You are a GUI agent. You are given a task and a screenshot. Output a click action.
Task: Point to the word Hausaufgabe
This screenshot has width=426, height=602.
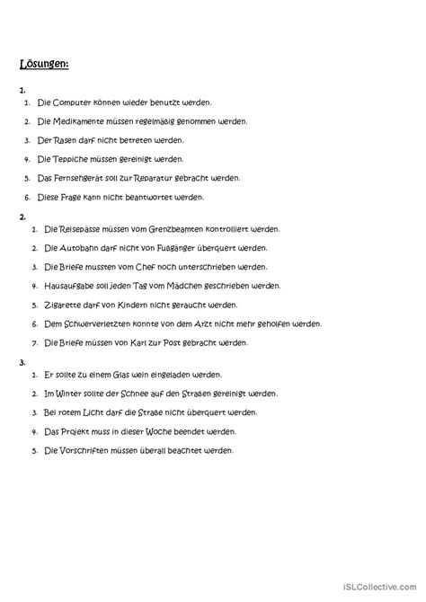click(x=65, y=287)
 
